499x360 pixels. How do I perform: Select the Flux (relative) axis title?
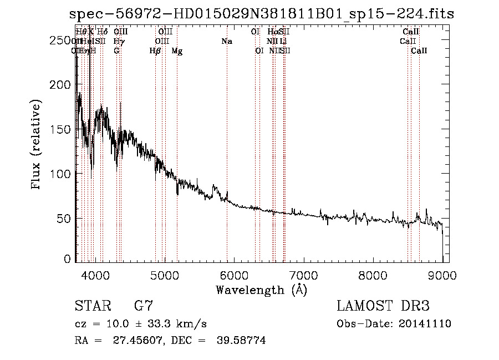pyautogui.click(x=37, y=145)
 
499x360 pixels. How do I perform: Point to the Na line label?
pyautogui.click(x=226, y=42)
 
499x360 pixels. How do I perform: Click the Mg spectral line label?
pyautogui.click(x=177, y=51)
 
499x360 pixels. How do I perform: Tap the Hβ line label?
pyautogui.click(x=155, y=51)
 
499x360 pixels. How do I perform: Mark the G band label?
pyautogui.click(x=116, y=51)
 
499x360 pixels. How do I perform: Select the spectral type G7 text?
pyautogui.click(x=144, y=306)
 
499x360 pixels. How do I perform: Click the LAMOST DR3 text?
pyautogui.click(x=383, y=306)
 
